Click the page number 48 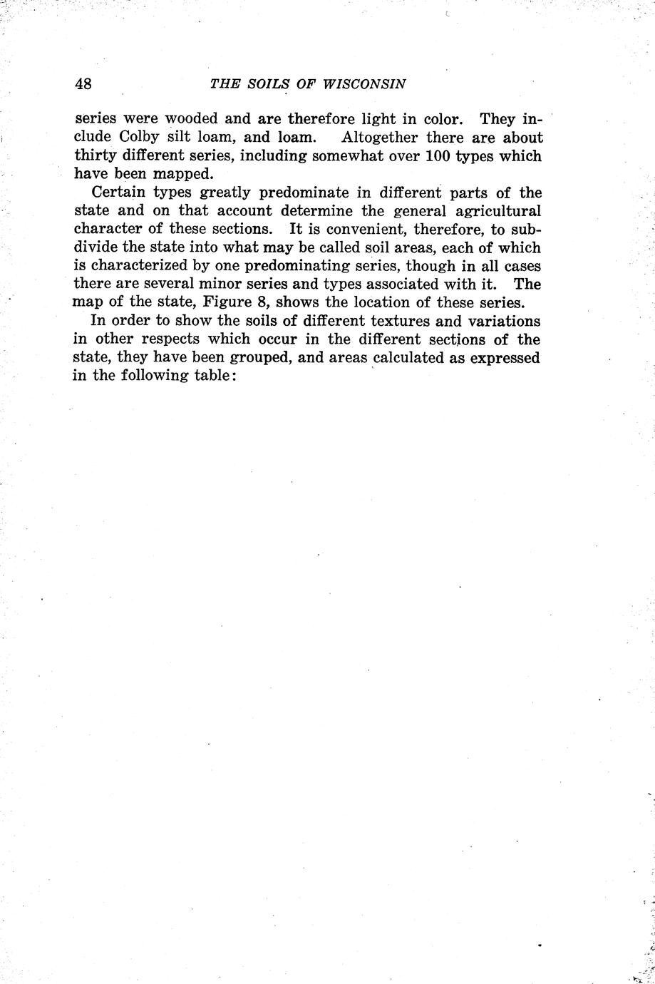tap(83, 83)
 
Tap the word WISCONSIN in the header tap(364, 83)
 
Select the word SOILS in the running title tap(264, 83)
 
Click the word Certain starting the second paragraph tap(119, 193)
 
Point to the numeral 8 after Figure tap(263, 302)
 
